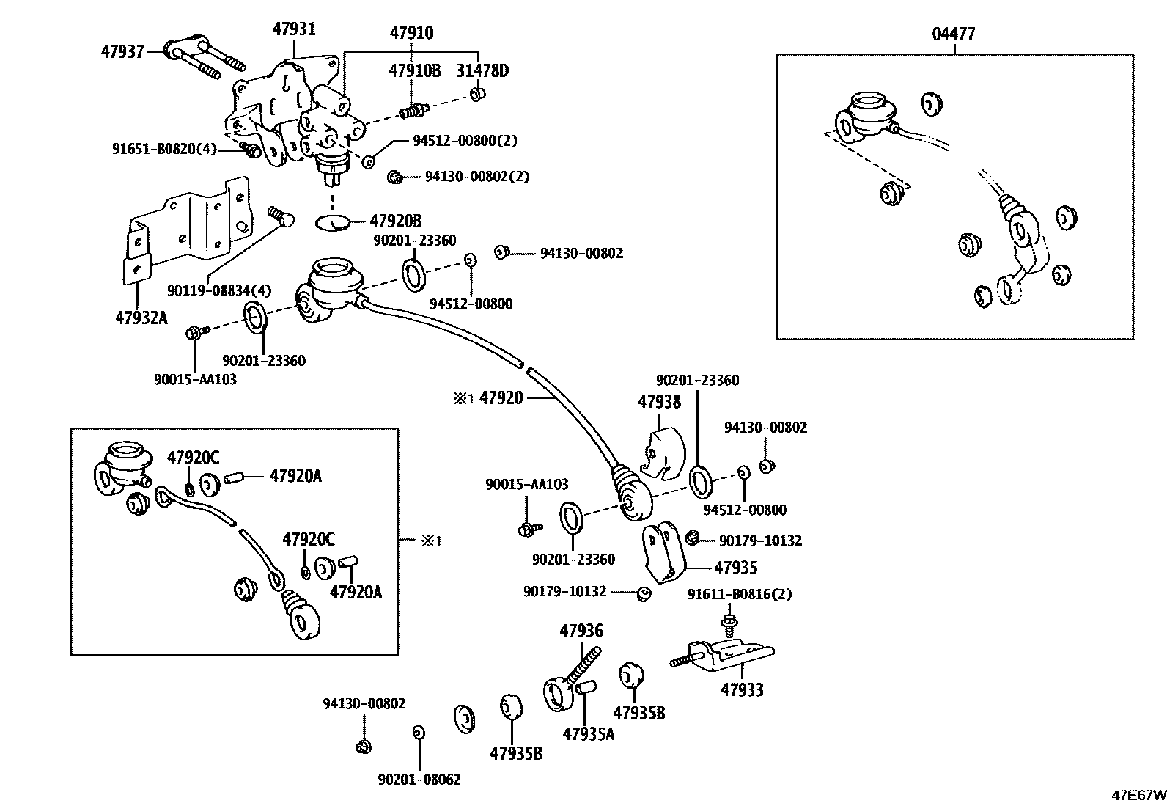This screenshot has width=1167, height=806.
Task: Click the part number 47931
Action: [x=295, y=29]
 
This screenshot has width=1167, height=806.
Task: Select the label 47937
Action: [x=122, y=51]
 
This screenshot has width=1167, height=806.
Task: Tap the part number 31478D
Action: [x=482, y=70]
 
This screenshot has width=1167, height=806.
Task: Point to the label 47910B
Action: [x=414, y=70]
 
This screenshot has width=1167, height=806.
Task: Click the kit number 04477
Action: [x=954, y=34]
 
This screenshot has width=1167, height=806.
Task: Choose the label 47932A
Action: [x=141, y=318]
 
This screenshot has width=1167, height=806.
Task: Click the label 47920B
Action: [x=395, y=221]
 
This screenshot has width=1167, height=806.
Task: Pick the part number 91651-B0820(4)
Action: [x=164, y=149]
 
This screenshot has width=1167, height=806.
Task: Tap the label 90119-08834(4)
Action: [x=218, y=290]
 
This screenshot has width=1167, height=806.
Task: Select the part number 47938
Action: [x=659, y=401]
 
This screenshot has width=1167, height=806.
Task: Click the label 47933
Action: [x=742, y=689]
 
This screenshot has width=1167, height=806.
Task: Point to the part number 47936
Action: [x=581, y=630]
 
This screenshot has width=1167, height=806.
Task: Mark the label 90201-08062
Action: [x=419, y=780]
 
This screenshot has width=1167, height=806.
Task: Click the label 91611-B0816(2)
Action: [x=740, y=594]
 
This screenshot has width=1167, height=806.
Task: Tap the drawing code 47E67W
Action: [x=1139, y=795]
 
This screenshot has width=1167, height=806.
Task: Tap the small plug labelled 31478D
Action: [x=477, y=95]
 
